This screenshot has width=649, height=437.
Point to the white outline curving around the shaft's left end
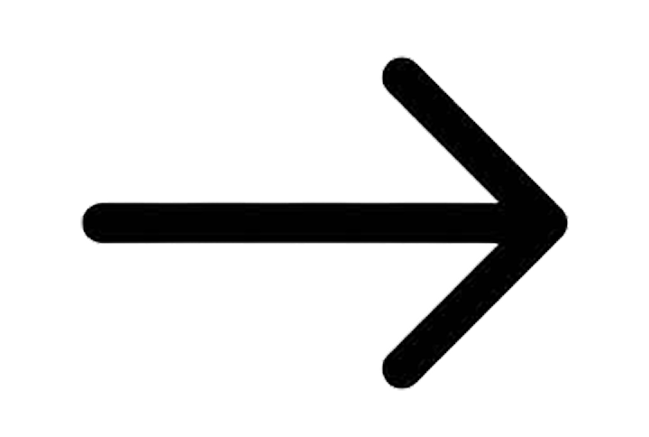click(82, 219)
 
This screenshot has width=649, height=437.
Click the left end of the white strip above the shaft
click(108, 199)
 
